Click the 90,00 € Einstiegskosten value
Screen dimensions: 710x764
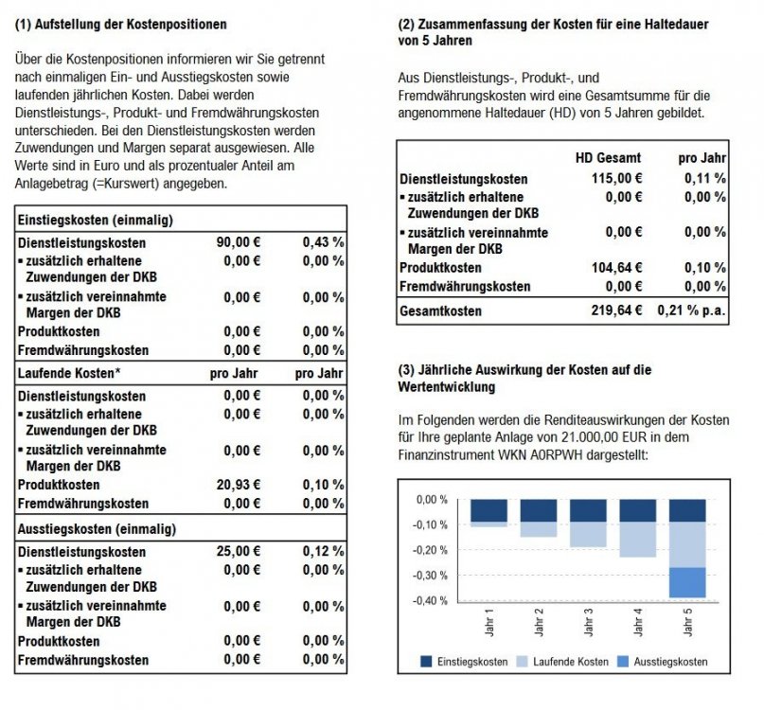point(239,242)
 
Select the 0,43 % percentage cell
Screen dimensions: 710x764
point(323,242)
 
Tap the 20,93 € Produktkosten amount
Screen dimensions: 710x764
point(239,485)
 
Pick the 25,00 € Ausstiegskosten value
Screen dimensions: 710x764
point(239,551)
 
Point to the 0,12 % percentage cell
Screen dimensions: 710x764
point(323,551)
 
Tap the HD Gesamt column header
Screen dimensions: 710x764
point(608,157)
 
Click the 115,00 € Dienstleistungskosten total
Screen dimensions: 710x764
point(613,179)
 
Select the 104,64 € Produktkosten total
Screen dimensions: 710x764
point(613,268)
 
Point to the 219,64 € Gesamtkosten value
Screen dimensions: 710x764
point(613,311)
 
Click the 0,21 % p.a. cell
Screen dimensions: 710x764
point(692,311)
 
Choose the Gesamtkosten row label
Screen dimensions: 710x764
point(441,311)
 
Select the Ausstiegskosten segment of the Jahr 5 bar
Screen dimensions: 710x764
point(687,582)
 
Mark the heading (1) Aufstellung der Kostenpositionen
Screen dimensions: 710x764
point(121,24)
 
